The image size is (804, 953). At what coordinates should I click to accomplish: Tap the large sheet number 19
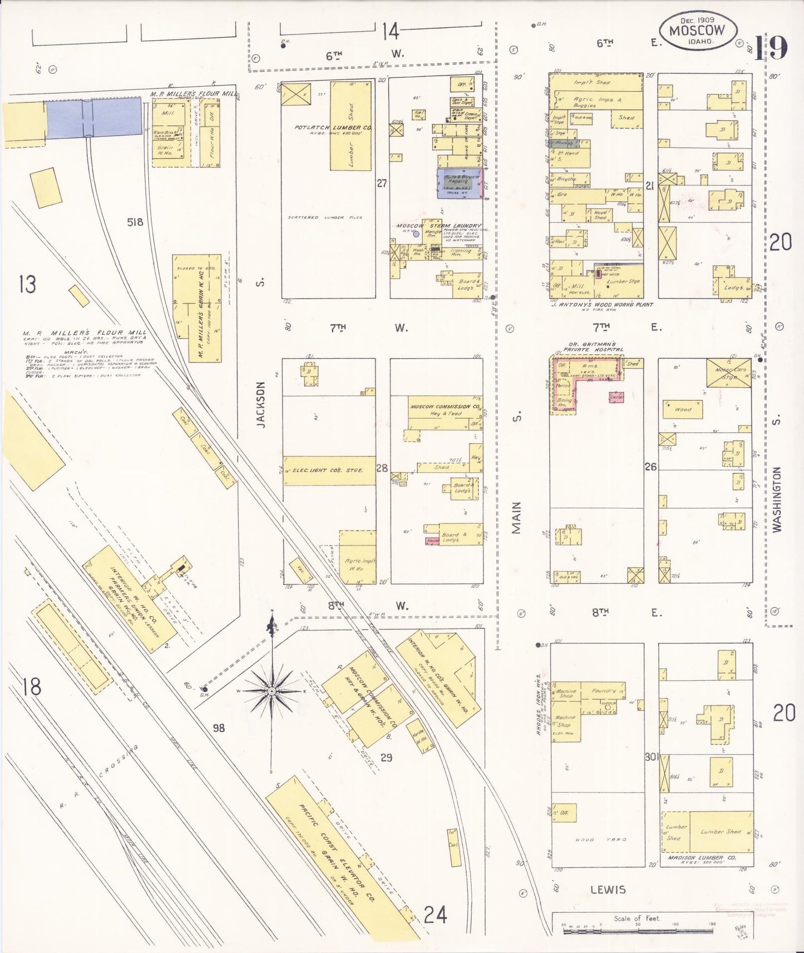click(771, 48)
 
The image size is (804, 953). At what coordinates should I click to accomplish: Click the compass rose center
click(272, 691)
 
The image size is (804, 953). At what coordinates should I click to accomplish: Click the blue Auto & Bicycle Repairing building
click(458, 183)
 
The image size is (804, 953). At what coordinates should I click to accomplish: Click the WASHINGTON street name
click(777, 499)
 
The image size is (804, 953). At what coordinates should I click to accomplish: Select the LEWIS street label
click(609, 890)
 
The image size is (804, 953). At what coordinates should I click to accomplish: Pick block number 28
click(382, 468)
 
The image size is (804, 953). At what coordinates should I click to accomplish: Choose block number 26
click(650, 466)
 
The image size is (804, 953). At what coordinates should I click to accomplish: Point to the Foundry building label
click(604, 691)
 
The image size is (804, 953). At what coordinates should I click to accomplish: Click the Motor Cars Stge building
click(729, 372)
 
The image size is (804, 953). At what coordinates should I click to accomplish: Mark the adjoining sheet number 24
click(435, 914)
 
